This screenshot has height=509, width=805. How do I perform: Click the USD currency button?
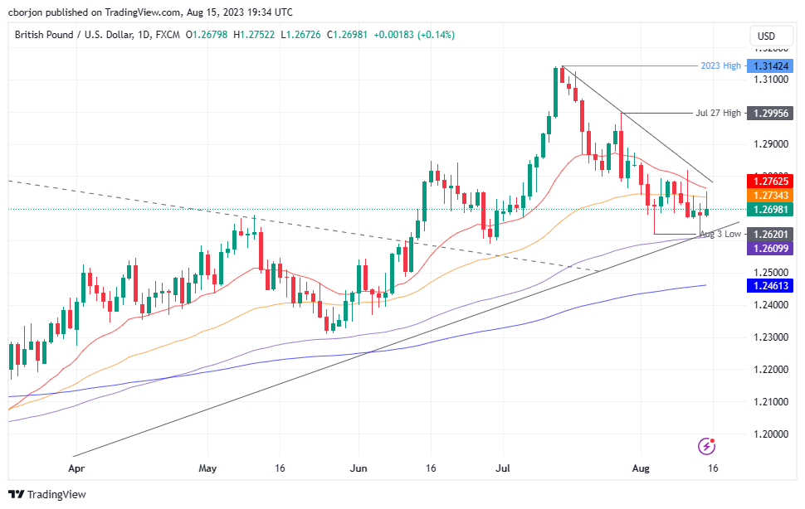(x=766, y=36)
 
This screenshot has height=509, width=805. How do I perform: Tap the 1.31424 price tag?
(x=769, y=66)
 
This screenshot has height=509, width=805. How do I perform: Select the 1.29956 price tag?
(x=769, y=113)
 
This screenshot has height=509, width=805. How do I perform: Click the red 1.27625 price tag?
(x=769, y=181)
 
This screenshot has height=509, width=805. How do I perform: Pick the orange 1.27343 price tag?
(x=769, y=194)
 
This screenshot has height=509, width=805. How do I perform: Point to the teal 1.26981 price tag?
(x=769, y=209)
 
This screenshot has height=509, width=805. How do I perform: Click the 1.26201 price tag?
(x=769, y=235)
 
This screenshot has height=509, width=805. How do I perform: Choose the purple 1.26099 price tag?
(x=769, y=248)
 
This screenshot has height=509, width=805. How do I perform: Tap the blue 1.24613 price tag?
(x=769, y=285)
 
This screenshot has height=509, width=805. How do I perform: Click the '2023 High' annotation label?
(x=720, y=66)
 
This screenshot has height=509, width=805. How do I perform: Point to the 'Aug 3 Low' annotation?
(x=720, y=235)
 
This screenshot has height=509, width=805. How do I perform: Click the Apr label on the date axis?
(x=76, y=468)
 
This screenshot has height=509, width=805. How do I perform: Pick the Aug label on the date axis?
(x=640, y=468)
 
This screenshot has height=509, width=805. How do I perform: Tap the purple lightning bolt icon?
(x=706, y=446)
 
